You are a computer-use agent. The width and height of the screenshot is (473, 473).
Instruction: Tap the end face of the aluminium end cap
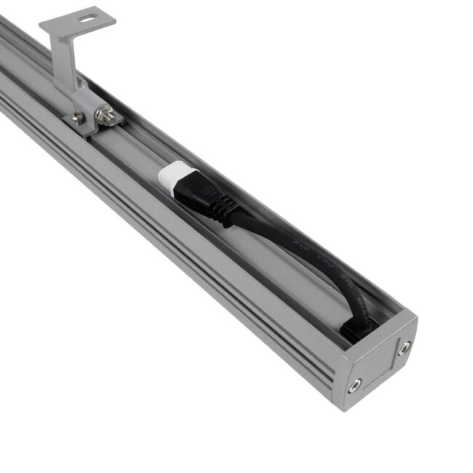(x=378, y=364)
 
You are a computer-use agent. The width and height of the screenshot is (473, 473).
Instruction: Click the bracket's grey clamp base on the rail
(x=91, y=120)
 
